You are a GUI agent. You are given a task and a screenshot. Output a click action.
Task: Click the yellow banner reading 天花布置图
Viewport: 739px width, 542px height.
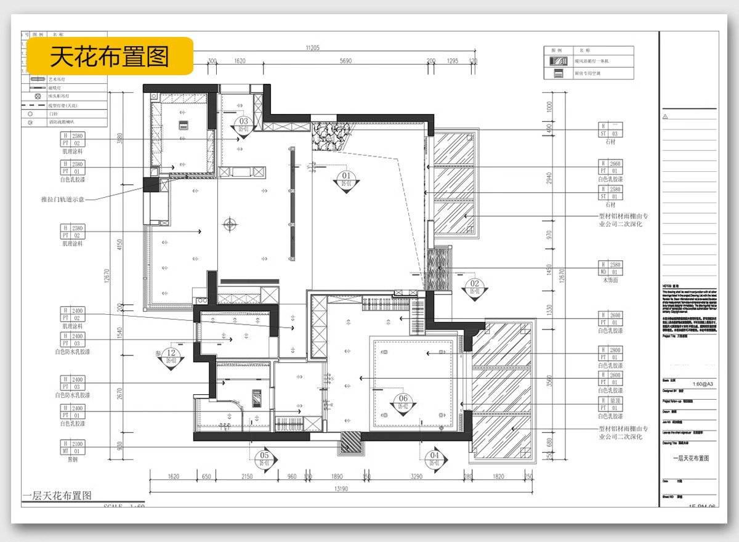click(109, 57)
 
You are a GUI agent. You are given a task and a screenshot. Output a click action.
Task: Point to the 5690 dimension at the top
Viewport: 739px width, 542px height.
click(345, 62)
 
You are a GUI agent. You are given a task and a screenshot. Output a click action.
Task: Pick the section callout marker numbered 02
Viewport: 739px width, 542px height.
click(474, 287)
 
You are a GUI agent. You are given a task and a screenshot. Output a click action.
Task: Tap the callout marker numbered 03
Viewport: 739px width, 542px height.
click(243, 125)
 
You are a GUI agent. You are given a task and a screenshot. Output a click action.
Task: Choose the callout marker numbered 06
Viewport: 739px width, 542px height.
click(403, 402)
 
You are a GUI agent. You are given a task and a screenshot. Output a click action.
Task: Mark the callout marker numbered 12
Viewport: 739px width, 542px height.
click(172, 356)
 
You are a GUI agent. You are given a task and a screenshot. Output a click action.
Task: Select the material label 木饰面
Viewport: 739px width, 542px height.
click(610, 280)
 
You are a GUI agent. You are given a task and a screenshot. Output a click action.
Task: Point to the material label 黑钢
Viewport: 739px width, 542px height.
click(73, 459)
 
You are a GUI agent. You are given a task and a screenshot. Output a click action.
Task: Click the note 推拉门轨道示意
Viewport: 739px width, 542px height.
click(62, 200)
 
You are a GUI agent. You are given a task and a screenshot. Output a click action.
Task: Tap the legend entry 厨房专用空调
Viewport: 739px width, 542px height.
click(587, 73)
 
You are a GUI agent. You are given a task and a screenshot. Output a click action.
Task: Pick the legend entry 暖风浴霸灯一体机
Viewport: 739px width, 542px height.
click(591, 61)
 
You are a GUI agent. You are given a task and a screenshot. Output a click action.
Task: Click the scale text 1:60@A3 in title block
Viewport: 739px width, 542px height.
click(703, 384)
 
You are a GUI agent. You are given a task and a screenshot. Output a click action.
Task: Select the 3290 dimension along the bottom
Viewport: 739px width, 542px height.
click(416, 476)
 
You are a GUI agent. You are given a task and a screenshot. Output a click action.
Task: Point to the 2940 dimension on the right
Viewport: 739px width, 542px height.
click(550, 178)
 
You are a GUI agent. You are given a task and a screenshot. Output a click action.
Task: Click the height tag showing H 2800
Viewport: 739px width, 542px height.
click(611, 354)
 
